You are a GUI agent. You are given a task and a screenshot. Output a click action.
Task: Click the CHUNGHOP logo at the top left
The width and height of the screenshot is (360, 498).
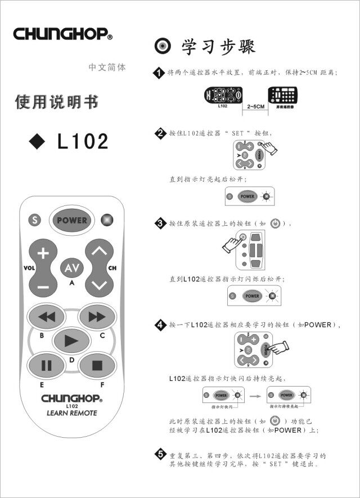coord(62,34)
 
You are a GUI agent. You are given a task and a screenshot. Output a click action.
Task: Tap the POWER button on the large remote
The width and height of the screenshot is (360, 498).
coord(71,220)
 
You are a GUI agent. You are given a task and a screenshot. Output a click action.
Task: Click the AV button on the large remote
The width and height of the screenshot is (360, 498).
coord(72,268)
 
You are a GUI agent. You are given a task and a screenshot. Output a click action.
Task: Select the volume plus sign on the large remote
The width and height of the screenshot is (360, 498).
coord(43,253)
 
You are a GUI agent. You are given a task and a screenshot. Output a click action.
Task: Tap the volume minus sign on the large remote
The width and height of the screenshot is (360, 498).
coord(43,286)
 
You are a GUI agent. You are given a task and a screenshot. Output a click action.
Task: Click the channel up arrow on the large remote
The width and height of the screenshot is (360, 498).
coord(99,251)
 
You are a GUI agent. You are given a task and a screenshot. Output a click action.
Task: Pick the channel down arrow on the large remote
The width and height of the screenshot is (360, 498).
coord(99,284)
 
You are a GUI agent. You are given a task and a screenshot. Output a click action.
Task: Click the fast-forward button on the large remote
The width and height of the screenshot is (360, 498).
coord(97,317)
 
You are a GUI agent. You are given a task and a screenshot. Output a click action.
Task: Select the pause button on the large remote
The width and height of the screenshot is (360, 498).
coord(46,365)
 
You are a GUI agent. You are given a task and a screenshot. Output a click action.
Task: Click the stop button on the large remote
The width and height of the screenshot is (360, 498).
coord(97,365)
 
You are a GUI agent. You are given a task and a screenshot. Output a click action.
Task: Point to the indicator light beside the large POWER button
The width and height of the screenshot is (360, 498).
coord(106,220)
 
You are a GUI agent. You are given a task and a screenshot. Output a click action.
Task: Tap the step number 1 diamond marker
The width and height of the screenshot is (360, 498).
coord(160,73)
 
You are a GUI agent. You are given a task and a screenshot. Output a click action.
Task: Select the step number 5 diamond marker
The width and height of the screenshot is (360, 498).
coord(160,455)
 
